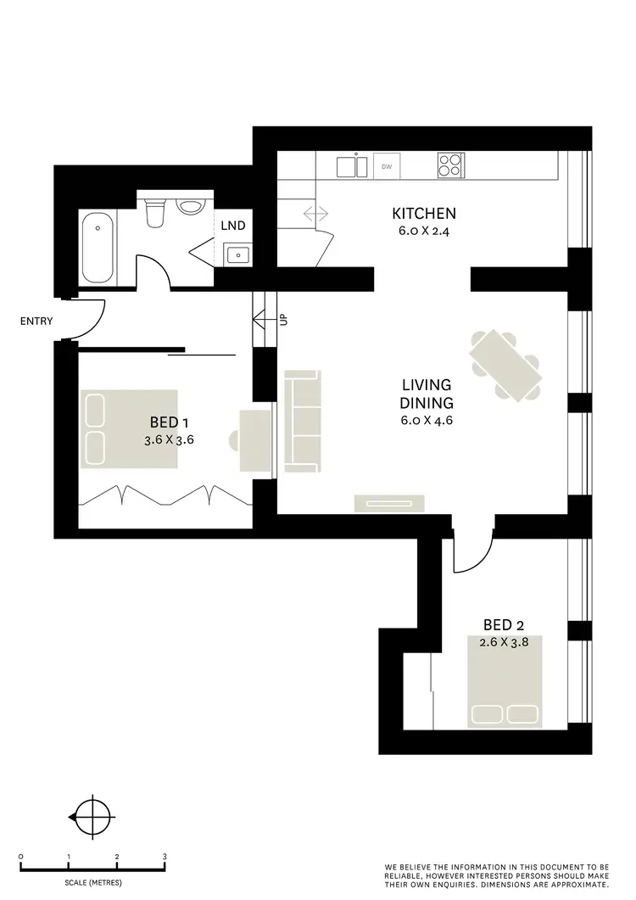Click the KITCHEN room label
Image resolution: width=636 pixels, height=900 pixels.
(424, 213)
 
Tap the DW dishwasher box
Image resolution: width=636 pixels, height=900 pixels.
(388, 167)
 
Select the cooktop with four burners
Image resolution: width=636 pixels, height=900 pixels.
(450, 165)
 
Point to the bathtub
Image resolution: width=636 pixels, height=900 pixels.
(98, 249)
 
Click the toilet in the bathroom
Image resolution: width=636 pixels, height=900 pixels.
(154, 213)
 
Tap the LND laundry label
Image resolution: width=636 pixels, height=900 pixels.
(233, 226)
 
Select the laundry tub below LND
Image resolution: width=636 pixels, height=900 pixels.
(237, 253)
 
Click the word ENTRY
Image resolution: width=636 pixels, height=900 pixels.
(37, 321)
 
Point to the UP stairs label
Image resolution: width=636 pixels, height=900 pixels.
(284, 320)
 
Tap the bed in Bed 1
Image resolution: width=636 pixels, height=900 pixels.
(129, 428)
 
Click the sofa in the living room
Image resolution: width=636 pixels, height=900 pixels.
(302, 421)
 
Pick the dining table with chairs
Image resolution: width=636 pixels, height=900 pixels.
(506, 365)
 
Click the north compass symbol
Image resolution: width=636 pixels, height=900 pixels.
(91, 817)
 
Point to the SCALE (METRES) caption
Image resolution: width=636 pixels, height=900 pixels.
(92, 883)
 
